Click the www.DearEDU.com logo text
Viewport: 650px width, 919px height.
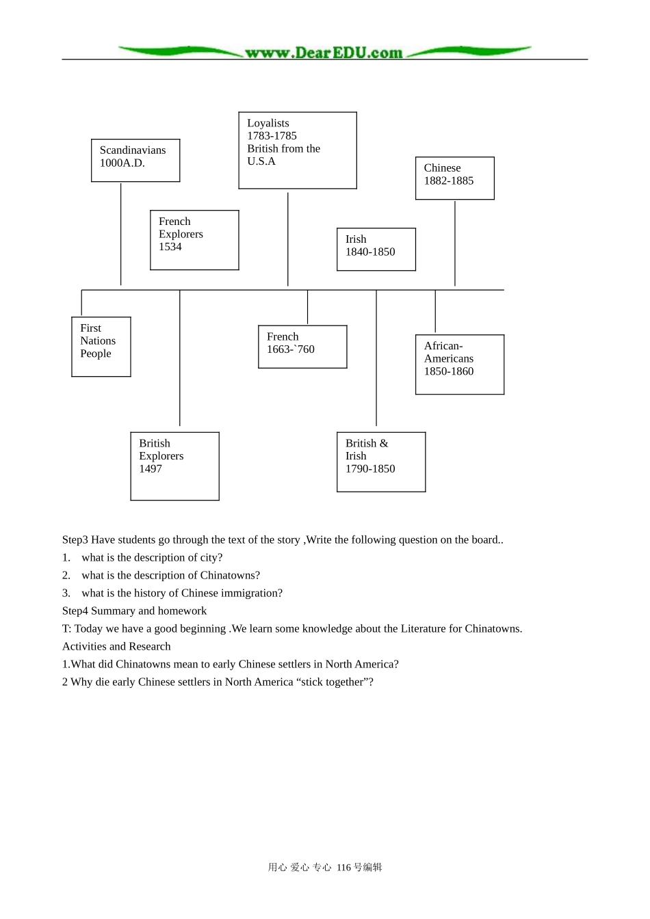tap(324, 53)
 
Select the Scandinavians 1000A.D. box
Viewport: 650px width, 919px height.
tap(135, 161)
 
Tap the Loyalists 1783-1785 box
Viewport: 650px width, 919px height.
tap(298, 150)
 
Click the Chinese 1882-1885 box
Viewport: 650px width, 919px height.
tap(455, 178)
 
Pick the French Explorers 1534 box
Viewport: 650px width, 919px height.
tap(194, 241)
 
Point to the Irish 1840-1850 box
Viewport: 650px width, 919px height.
tap(376, 250)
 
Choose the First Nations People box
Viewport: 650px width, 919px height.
tap(101, 347)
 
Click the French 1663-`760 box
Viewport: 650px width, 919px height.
tap(302, 347)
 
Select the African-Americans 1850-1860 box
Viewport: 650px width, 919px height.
tap(460, 364)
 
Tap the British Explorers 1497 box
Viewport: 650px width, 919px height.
tap(175, 466)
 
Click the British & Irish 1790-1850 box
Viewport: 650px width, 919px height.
tap(381, 462)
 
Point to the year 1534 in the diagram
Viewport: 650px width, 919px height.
tap(170, 247)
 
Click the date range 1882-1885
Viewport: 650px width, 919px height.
tap(449, 181)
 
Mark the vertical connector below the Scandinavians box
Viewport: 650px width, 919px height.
tap(120, 234)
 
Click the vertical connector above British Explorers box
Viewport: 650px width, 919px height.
tap(180, 358)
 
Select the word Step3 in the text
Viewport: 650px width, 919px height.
tap(75, 540)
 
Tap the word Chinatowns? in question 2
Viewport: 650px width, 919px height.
tap(230, 575)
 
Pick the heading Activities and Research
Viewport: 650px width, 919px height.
tap(116, 646)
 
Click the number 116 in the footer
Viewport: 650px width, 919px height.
tap(343, 867)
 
